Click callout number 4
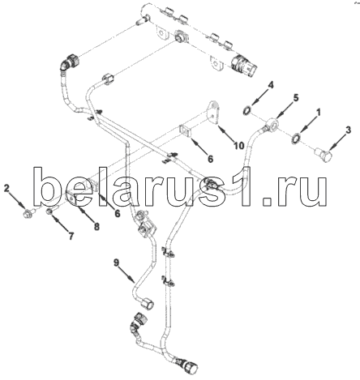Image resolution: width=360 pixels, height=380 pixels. click(270, 85)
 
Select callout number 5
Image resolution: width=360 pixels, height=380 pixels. click(296, 98)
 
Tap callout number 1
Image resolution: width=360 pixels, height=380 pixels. click(319, 113)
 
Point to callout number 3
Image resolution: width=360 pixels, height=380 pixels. click(349, 130)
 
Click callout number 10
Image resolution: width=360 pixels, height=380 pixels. click(239, 146)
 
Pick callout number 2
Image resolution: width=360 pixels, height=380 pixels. click(6, 188)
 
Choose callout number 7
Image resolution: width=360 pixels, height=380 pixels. click(71, 237)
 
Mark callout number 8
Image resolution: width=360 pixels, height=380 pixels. click(96, 226)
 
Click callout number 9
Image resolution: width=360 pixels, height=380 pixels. click(116, 263)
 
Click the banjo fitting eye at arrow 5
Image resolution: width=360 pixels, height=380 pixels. click(272, 125)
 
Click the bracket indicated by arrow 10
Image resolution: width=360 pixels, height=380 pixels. click(214, 113)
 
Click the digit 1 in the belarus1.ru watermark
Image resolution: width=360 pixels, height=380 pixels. click(247, 187)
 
